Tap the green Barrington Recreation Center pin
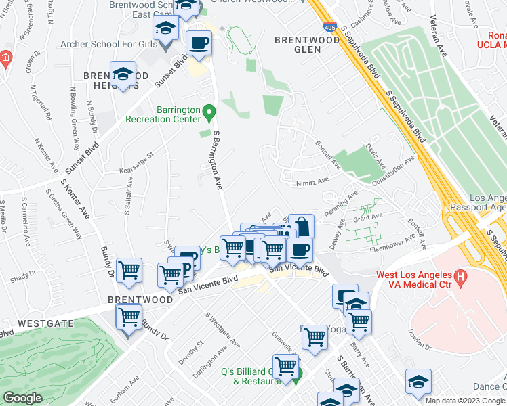coord(209,110)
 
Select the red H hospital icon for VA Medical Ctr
coord(460,277)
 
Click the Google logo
coord(22,397)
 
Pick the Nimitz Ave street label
coord(312,181)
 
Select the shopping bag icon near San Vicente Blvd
coord(301,226)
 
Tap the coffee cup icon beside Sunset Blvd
coord(199,43)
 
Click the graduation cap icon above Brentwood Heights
coord(123,73)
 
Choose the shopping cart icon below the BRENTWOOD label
coord(128,316)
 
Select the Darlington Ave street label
coord(219,363)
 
